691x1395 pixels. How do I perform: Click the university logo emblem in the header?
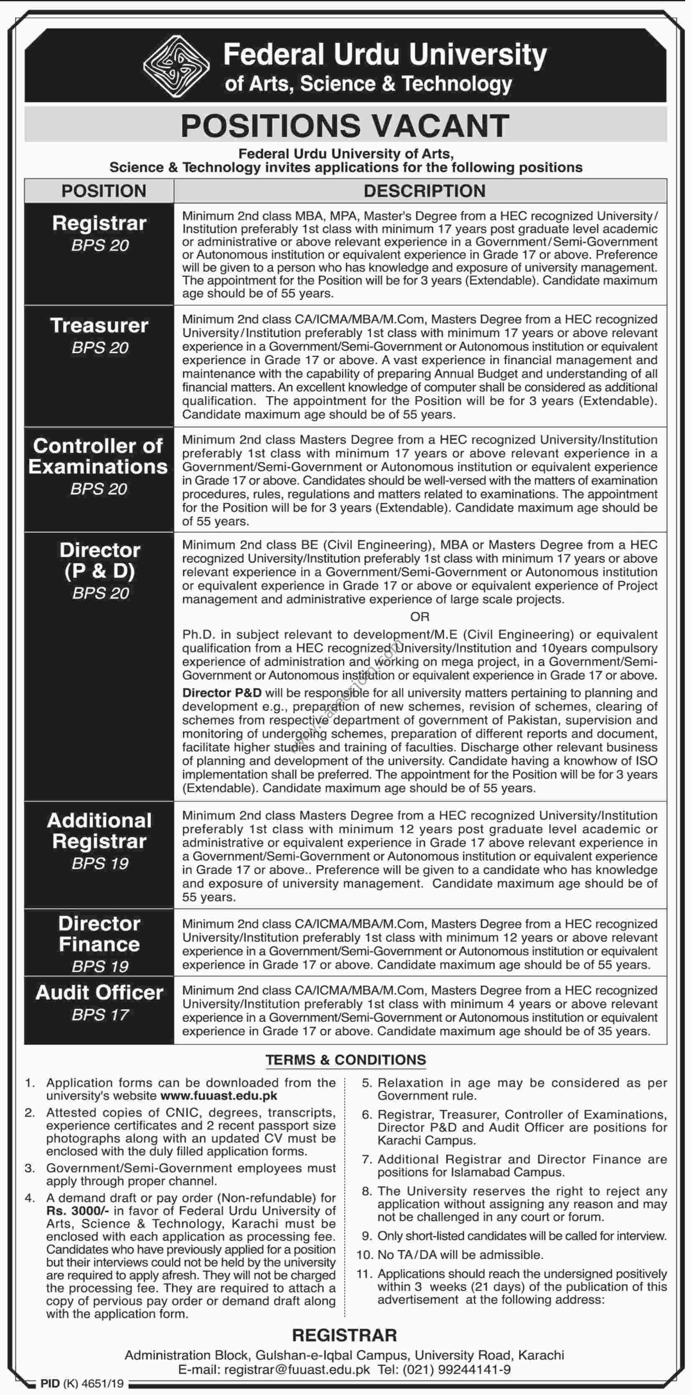point(176,66)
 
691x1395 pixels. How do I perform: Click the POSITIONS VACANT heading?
point(345,126)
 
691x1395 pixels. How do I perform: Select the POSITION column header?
point(104,191)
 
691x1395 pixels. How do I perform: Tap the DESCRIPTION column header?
point(424,191)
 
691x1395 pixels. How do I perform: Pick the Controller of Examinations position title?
point(98,456)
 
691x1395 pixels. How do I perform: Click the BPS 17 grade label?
point(100,1015)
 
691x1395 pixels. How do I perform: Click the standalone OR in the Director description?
point(420,616)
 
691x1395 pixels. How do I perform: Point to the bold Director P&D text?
point(222,693)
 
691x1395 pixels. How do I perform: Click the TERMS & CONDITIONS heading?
point(346,1060)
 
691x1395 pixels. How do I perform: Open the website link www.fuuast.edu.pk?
point(219,1096)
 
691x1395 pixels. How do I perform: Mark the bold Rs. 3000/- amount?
point(71,1211)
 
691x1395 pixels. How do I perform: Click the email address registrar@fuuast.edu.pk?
point(297,1370)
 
